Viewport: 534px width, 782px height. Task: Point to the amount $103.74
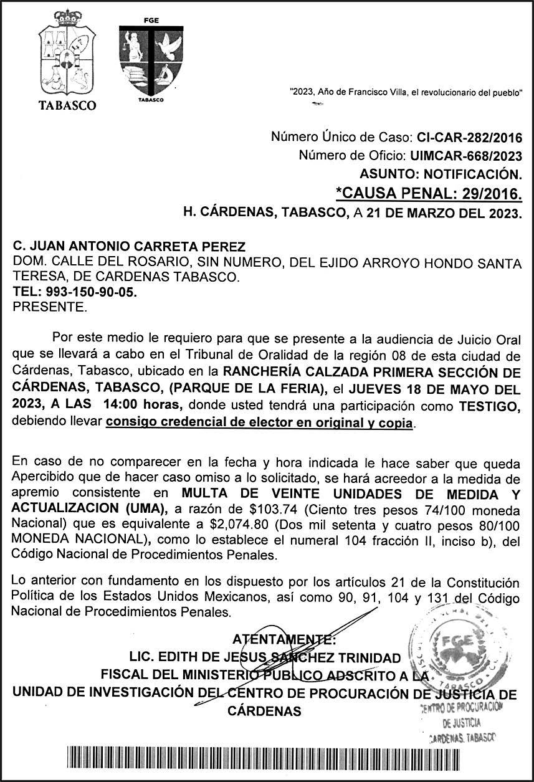[246, 509]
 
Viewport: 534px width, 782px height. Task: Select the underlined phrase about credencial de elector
[259, 424]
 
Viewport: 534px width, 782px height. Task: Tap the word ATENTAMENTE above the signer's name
[284, 639]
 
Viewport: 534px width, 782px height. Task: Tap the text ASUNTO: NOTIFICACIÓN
[441, 174]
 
